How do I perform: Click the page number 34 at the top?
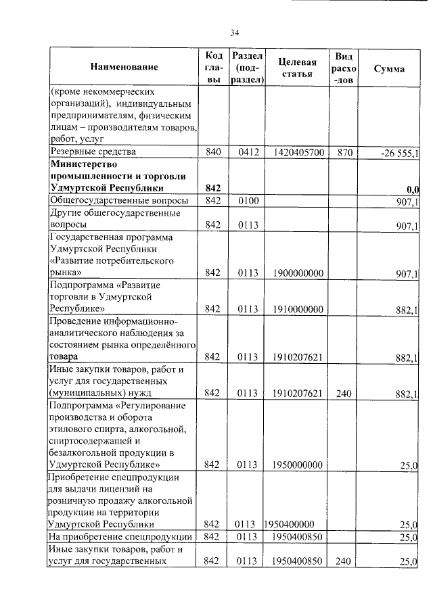tap(235, 32)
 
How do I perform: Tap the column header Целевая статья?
tap(298, 68)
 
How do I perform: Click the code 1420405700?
tap(298, 153)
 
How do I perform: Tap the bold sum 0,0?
tap(413, 189)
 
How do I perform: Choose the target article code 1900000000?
tap(298, 273)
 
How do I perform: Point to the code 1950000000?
tap(298, 465)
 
